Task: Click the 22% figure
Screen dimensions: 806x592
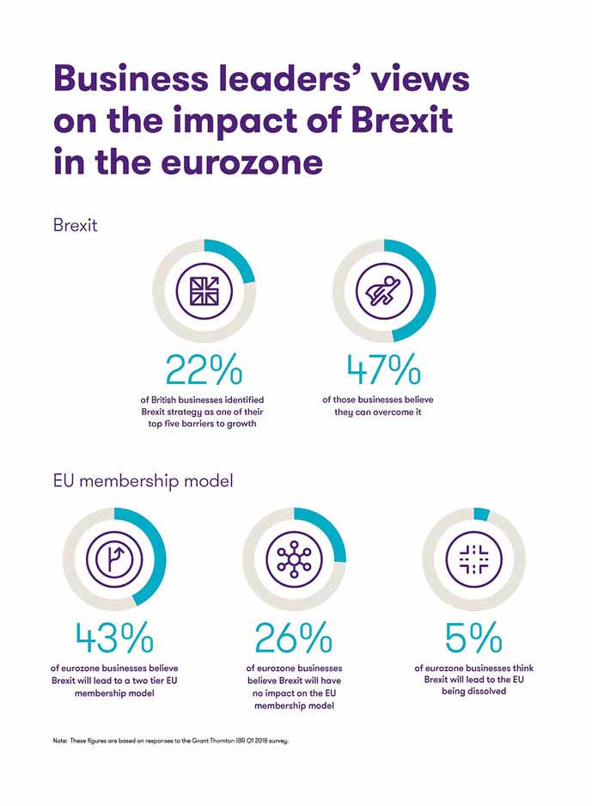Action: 204,369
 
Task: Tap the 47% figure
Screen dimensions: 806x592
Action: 383,369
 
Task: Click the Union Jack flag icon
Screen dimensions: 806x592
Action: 204,290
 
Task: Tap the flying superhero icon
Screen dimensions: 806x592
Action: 383,290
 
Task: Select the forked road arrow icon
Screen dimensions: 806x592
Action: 114,559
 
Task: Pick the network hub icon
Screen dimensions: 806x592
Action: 294,559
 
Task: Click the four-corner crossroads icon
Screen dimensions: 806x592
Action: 473,559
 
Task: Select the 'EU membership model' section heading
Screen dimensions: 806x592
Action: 143,481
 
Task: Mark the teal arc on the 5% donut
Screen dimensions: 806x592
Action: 481,514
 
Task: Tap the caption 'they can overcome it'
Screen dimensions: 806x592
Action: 383,412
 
